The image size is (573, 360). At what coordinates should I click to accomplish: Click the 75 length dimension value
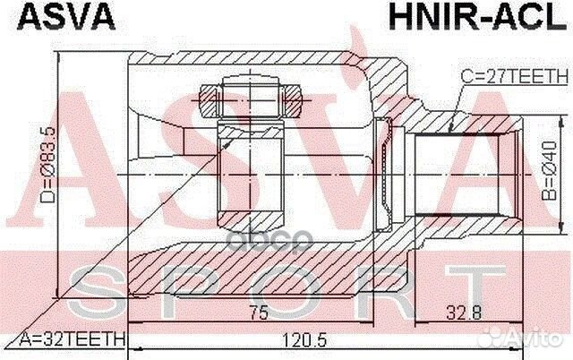click(x=260, y=313)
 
